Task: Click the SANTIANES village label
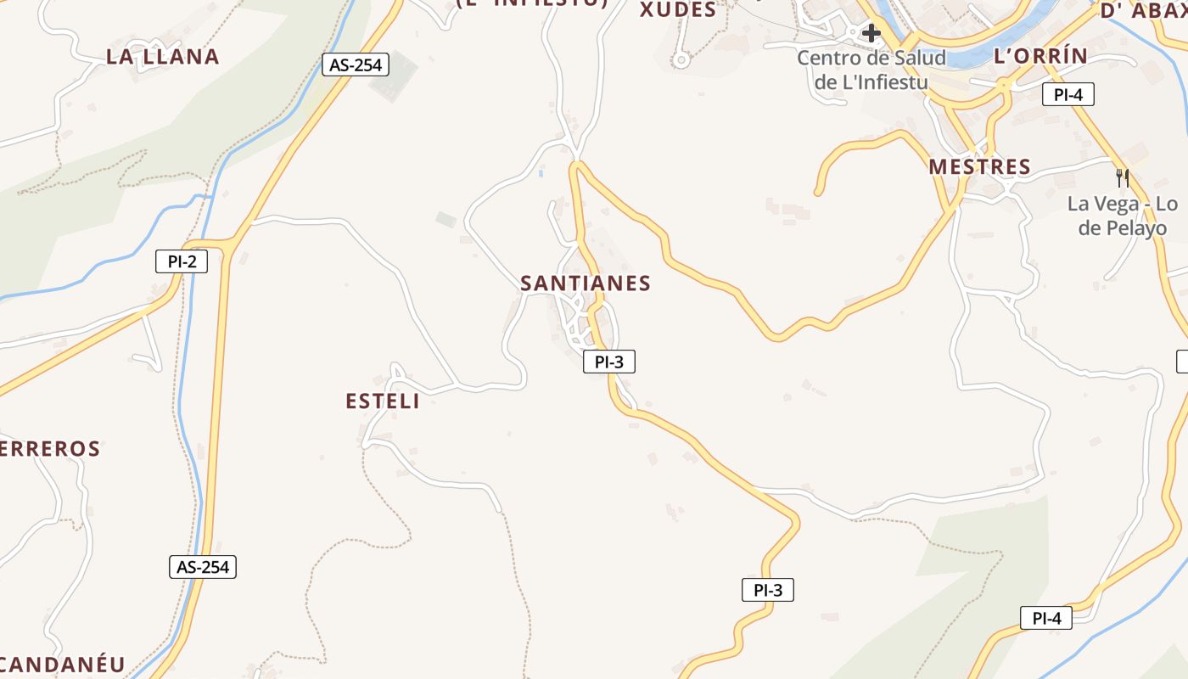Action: pyautogui.click(x=586, y=283)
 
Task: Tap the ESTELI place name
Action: pyautogui.click(x=383, y=401)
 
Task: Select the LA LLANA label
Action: pyautogui.click(x=163, y=57)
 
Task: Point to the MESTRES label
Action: pyautogui.click(x=979, y=166)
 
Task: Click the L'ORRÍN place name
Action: pyautogui.click(x=1039, y=56)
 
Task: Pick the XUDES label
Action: pyautogui.click(x=678, y=10)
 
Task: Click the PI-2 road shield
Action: pyautogui.click(x=182, y=261)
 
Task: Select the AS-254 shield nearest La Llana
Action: pyautogui.click(x=356, y=65)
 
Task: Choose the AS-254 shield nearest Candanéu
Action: pyautogui.click(x=204, y=567)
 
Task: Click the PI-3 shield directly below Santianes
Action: pyautogui.click(x=609, y=362)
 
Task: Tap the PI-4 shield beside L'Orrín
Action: pyautogui.click(x=1068, y=94)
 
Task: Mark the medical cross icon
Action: pyautogui.click(x=871, y=34)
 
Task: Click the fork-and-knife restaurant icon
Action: pyautogui.click(x=1123, y=177)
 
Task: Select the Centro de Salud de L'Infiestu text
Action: pyautogui.click(x=871, y=70)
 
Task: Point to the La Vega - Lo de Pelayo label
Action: pyautogui.click(x=1122, y=216)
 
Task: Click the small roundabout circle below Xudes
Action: pyautogui.click(x=679, y=60)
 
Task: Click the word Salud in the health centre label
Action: pyautogui.click(x=919, y=59)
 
